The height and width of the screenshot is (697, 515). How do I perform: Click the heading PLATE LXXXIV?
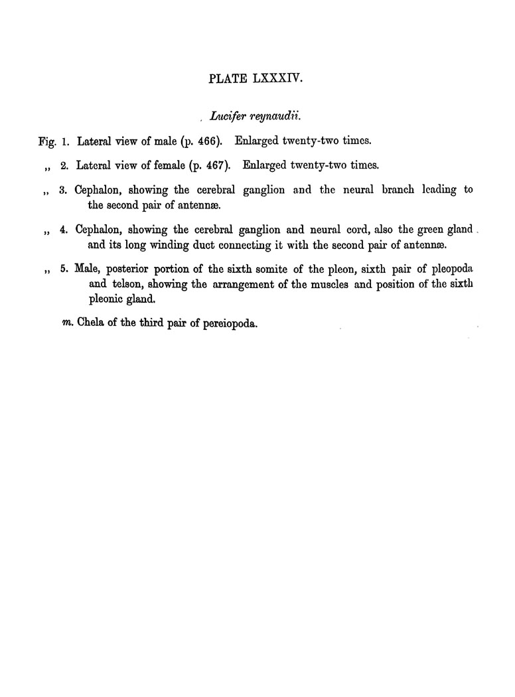click(257, 79)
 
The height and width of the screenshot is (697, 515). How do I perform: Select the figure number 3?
click(63, 190)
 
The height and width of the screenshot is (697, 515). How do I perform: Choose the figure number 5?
click(63, 270)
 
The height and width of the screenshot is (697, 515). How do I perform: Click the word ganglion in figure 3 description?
click(263, 191)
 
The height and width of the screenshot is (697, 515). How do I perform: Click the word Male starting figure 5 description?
click(88, 270)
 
